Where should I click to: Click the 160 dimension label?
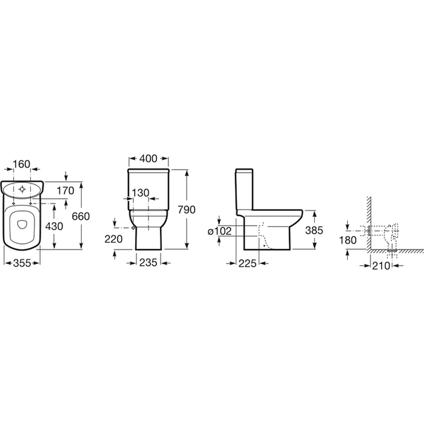21,164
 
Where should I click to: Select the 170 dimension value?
65,191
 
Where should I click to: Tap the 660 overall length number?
81,216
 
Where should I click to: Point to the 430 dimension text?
54,226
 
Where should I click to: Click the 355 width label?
22,263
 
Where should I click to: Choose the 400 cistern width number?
148,159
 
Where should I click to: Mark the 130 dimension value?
141,193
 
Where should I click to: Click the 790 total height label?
187,210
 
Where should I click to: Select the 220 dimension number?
114,239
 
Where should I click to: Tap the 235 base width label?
148,262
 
